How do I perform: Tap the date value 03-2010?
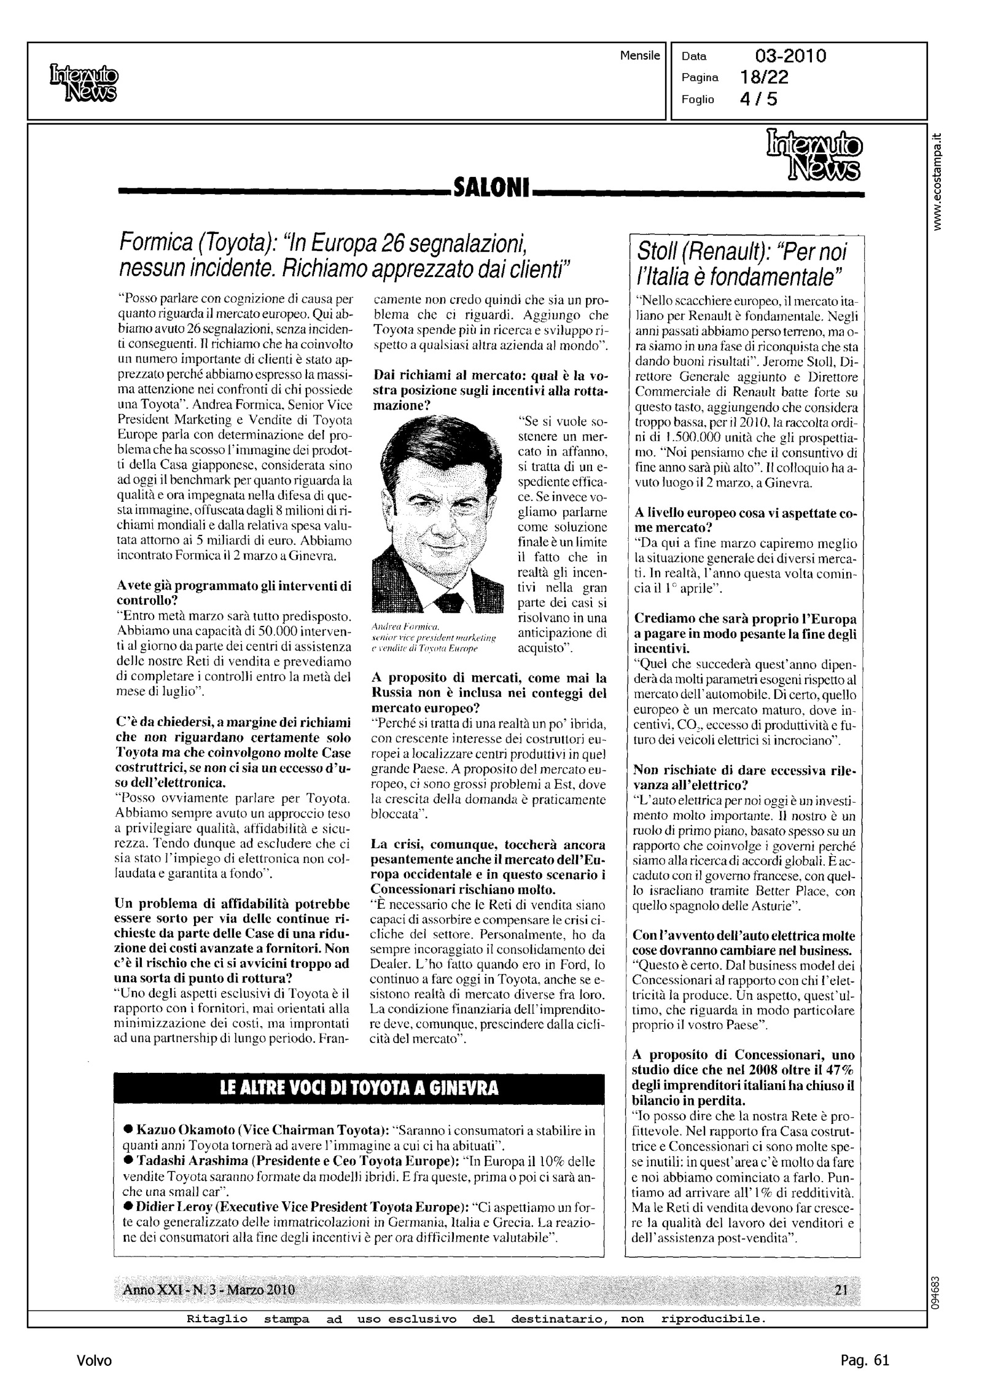tap(790, 57)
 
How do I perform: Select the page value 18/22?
tap(765, 77)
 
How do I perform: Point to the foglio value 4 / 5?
tap(758, 99)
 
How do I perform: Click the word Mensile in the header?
tap(640, 56)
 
